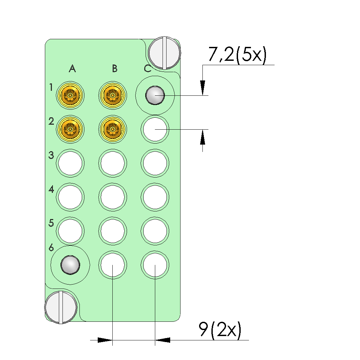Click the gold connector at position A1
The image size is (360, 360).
[x=70, y=95]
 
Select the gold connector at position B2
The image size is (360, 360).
[x=112, y=129]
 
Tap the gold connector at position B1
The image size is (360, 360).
[x=112, y=95]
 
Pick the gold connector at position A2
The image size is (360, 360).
[x=70, y=129]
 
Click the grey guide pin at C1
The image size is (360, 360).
[x=155, y=95]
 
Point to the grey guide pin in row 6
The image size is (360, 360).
[x=70, y=265]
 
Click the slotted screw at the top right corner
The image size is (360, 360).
[x=165, y=53]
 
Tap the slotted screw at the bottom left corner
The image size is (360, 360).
[x=61, y=307]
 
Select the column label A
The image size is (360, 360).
[x=72, y=68]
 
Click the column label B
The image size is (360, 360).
[x=115, y=68]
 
